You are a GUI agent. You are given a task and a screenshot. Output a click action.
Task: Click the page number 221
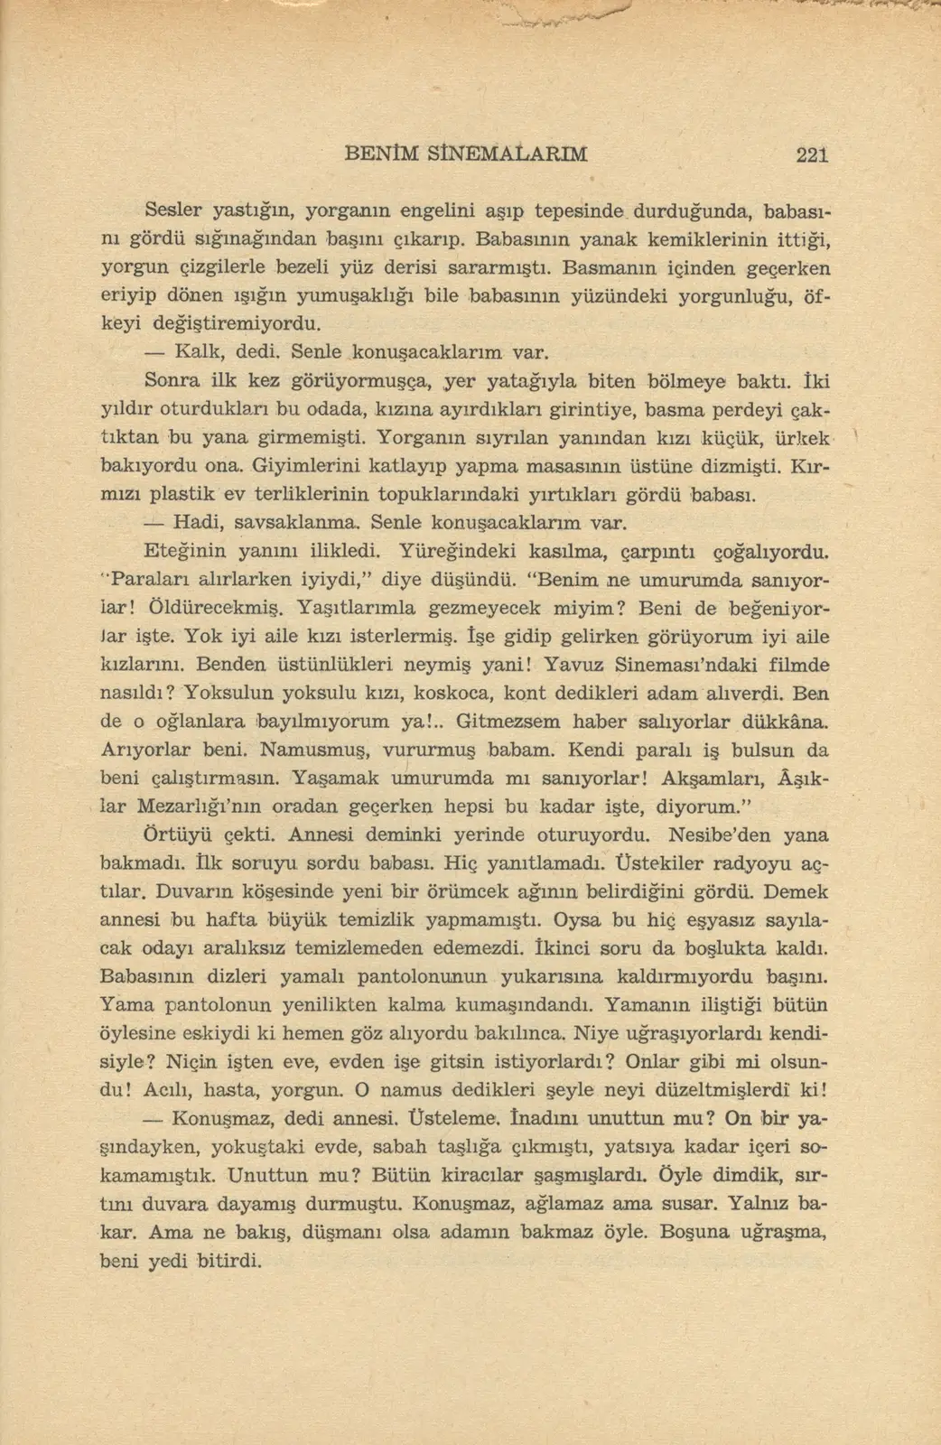[x=812, y=154]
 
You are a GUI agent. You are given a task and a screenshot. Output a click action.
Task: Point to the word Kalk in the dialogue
[x=193, y=350]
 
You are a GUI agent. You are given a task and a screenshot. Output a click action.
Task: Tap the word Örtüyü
[x=175, y=834]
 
